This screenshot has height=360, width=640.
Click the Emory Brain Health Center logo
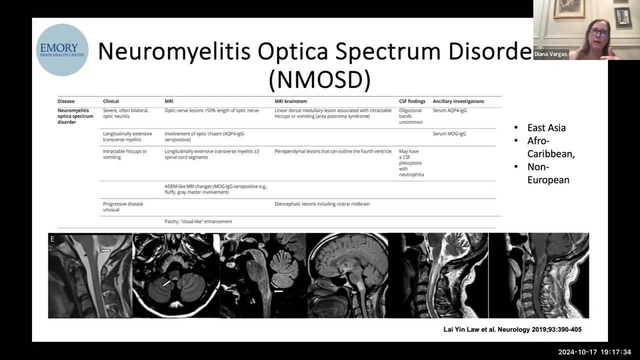pyautogui.click(x=62, y=50)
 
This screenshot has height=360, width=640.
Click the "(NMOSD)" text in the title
pyautogui.click(x=319, y=79)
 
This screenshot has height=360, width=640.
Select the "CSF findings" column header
pyautogui.click(x=411, y=101)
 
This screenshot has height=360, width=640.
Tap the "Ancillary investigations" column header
pyautogui.click(x=458, y=101)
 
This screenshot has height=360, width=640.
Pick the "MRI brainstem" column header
pyautogui.click(x=290, y=101)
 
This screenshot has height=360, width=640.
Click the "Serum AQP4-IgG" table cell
pyautogui.click(x=449, y=110)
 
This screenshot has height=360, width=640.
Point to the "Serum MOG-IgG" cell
pyautogui.click(x=449, y=134)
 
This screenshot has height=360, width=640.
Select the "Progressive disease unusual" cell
pyautogui.click(x=123, y=206)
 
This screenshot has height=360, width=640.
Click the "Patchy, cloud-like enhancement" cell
pyautogui.click(x=198, y=221)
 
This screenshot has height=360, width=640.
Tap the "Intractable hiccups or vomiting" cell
pyautogui.click(x=125, y=154)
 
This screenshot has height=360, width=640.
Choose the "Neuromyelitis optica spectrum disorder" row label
pyautogui.click(x=75, y=116)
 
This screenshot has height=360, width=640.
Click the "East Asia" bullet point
pyautogui.click(x=546, y=127)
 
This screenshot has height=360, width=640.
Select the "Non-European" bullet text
pyautogui.click(x=548, y=173)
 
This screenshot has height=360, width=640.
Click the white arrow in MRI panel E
pyautogui.click(x=105, y=250)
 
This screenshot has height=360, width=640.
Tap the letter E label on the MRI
pyautogui.click(x=52, y=239)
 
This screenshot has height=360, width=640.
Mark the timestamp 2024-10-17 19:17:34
pyautogui.click(x=594, y=352)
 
